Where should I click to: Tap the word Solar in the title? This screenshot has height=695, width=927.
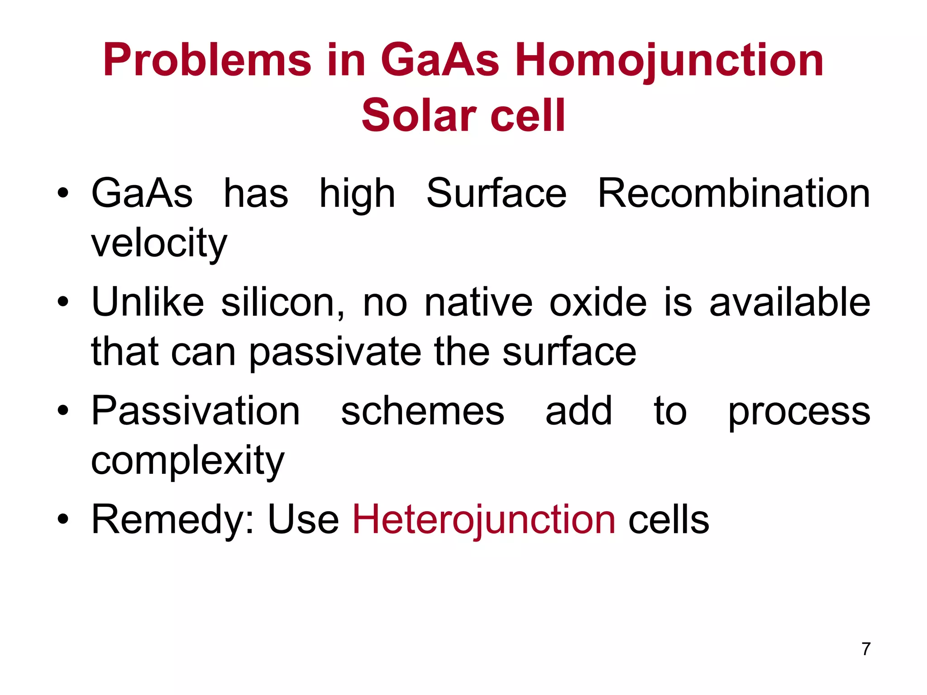click(x=419, y=116)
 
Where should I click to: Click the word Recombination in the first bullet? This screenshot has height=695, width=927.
click(x=734, y=194)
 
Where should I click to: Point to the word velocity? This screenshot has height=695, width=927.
click(x=159, y=243)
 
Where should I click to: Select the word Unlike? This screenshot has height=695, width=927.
click(x=148, y=302)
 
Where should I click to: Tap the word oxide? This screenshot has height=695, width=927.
click(x=598, y=302)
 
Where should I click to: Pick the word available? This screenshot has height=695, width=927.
click(x=790, y=302)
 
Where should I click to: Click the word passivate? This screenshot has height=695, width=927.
click(x=335, y=352)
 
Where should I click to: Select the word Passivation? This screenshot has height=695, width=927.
click(x=196, y=411)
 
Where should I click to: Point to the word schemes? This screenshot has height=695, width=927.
click(x=422, y=411)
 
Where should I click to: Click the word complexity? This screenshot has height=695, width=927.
click(x=187, y=461)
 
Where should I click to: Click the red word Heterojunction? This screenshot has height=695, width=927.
click(x=484, y=519)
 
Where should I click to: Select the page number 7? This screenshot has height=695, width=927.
click(x=866, y=649)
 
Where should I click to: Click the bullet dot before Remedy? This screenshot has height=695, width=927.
click(x=63, y=520)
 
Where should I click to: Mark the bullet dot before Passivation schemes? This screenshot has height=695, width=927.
click(x=63, y=411)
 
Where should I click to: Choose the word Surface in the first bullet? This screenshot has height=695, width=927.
click(x=496, y=194)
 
